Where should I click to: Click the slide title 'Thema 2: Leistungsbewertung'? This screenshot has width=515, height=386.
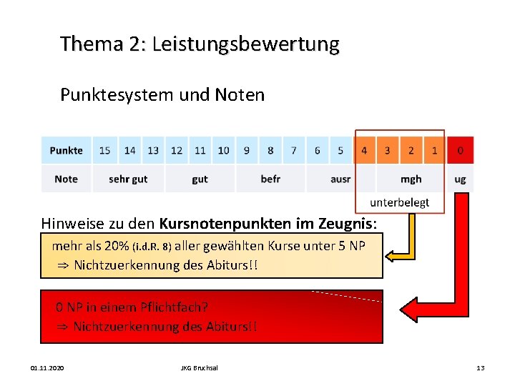pyautogui.click(x=200, y=44)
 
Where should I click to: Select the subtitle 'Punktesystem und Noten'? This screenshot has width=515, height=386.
pyautogui.click(x=162, y=94)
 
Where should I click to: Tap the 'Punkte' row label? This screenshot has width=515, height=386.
pyautogui.click(x=66, y=150)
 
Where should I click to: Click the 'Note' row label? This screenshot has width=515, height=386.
pyautogui.click(x=66, y=179)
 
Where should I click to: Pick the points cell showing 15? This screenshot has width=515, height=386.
pyautogui.click(x=105, y=150)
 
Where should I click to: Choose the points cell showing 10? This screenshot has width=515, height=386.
pyautogui.click(x=223, y=150)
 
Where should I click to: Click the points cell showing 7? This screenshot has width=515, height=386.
pyautogui.click(x=293, y=150)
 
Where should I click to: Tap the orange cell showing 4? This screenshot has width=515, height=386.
pyautogui.click(x=364, y=150)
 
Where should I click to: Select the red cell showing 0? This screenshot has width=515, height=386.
pyautogui.click(x=460, y=150)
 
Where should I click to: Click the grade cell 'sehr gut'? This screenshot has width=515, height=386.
pyautogui.click(x=128, y=179)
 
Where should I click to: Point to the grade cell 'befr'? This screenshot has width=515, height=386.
pyautogui.click(x=270, y=179)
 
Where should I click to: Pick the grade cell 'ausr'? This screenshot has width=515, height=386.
pyautogui.click(x=340, y=179)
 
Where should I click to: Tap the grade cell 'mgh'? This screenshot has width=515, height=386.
pyautogui.click(x=411, y=179)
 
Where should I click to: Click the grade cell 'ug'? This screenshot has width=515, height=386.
pyautogui.click(x=460, y=179)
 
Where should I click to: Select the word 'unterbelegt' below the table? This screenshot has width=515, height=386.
pyautogui.click(x=399, y=202)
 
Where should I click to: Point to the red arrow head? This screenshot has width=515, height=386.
pyautogui.click(x=410, y=310)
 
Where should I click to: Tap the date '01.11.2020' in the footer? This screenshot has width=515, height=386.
pyautogui.click(x=47, y=367)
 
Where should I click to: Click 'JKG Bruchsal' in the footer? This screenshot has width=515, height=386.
pyautogui.click(x=200, y=367)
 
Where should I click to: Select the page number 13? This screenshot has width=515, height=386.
pyautogui.click(x=480, y=367)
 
